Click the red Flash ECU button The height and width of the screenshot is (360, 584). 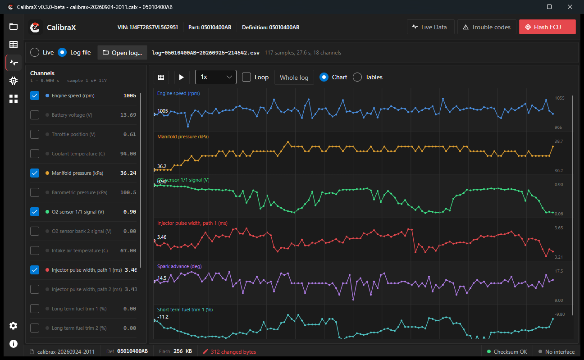pyautogui.click(x=547, y=27)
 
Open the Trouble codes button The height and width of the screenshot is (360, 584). pyautogui.click(x=487, y=27)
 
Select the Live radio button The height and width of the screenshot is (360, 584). pyautogui.click(x=35, y=52)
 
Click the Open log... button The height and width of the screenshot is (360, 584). pyautogui.click(x=122, y=53)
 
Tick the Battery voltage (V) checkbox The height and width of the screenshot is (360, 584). pyautogui.click(x=35, y=115)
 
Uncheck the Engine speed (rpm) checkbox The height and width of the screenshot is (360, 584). pyautogui.click(x=35, y=96)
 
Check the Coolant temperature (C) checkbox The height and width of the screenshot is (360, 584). pyautogui.click(x=35, y=154)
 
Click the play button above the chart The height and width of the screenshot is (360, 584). pyautogui.click(x=182, y=77)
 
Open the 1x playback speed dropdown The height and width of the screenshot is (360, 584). pyautogui.click(x=215, y=77)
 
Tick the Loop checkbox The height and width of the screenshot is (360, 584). pyautogui.click(x=246, y=77)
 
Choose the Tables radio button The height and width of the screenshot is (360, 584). pyautogui.click(x=357, y=77)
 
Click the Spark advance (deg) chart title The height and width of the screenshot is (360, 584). pyautogui.click(x=179, y=266)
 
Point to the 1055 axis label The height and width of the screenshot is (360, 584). pyautogui.click(x=560, y=98)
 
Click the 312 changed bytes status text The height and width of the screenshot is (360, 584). pyautogui.click(x=233, y=351)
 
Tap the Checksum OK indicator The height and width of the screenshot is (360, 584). pyautogui.click(x=507, y=351)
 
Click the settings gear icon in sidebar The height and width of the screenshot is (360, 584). pyautogui.click(x=14, y=326)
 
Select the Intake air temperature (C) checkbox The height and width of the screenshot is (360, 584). pyautogui.click(x=35, y=251)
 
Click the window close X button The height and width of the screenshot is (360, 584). pyautogui.click(x=570, y=7)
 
